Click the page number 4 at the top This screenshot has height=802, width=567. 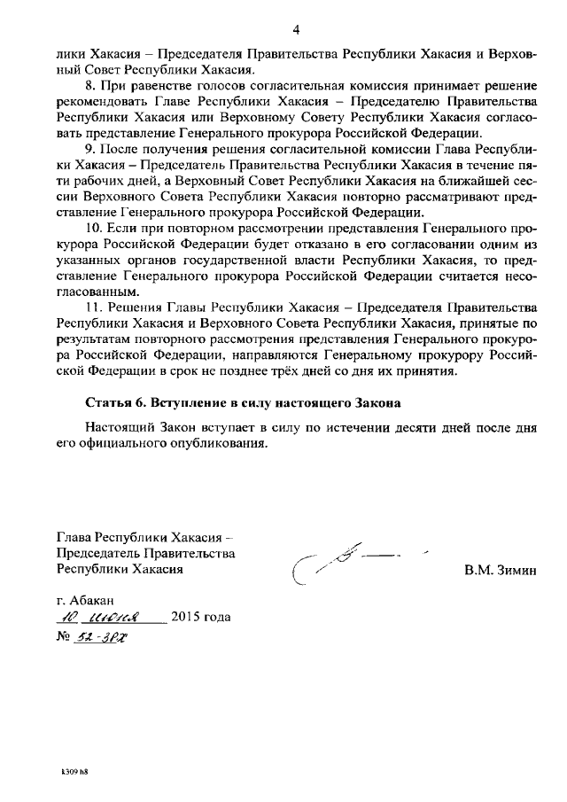(x=296, y=30)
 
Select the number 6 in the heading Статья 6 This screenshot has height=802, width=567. (x=135, y=402)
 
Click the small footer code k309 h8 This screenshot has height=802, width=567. (x=74, y=772)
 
